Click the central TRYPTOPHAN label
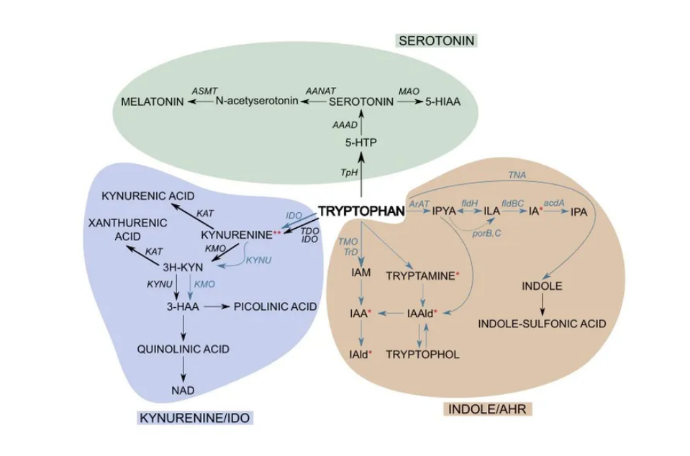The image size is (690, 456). (361, 211)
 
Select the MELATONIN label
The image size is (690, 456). (152, 101)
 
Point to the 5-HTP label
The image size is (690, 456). (360, 143)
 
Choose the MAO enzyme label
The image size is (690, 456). (409, 91)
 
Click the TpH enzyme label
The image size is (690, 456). (348, 173)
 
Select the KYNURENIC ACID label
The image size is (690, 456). (148, 196)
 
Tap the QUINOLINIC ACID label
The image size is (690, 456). (183, 349)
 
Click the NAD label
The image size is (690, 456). (183, 390)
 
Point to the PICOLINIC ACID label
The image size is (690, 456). (276, 306)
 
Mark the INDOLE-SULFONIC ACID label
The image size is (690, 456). (543, 324)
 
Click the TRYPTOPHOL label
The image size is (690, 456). (423, 354)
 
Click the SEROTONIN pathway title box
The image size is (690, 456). (437, 41)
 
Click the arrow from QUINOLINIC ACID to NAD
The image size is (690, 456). (183, 369)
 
